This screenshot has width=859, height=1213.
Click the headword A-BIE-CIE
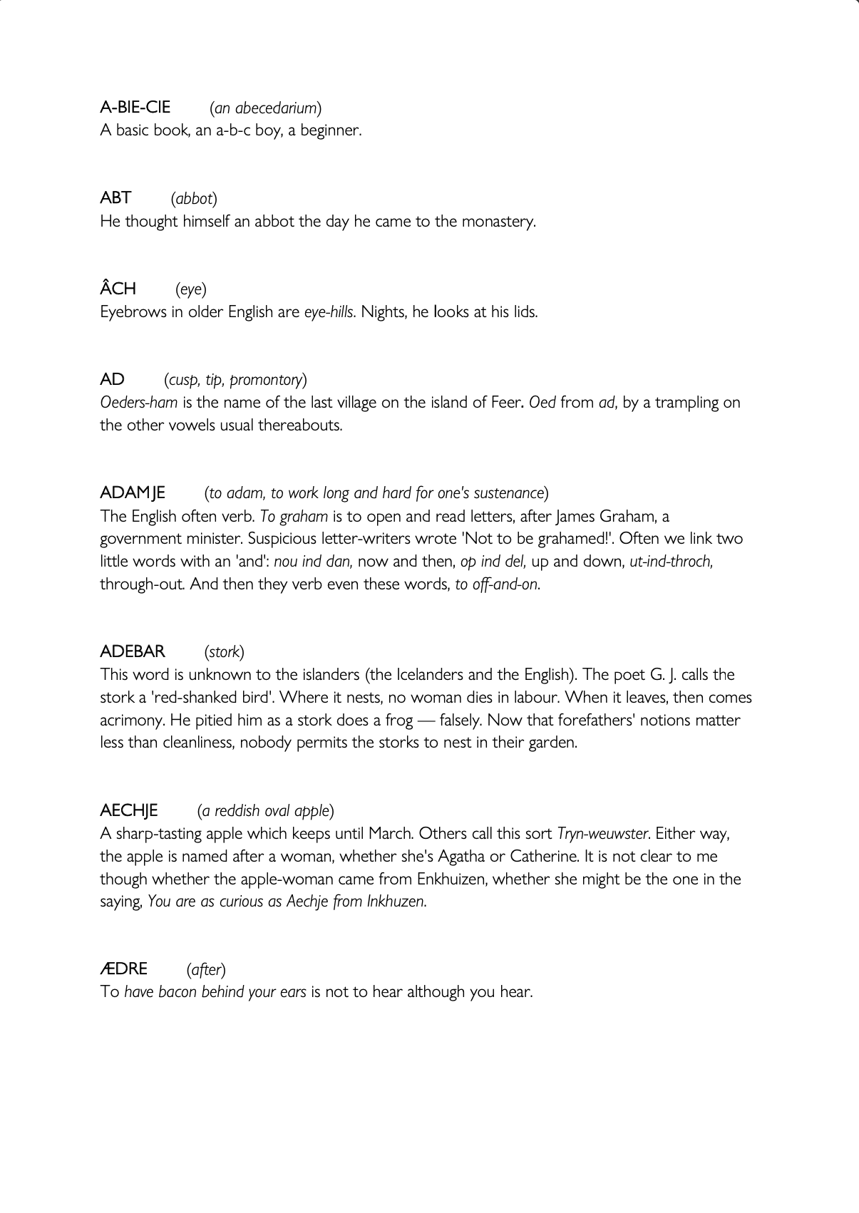point(135,108)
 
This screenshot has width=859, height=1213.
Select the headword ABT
point(116,198)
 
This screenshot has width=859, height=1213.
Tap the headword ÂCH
point(118,289)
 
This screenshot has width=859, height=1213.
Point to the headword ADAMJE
point(133,492)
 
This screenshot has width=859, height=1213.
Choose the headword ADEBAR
point(133,651)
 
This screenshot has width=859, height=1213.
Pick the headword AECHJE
point(129,810)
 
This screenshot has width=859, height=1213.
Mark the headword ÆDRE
point(124,969)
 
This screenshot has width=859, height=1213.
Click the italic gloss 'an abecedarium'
point(265,108)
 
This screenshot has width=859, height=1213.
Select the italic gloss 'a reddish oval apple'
point(265,811)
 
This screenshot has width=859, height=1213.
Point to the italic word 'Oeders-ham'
point(139,403)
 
